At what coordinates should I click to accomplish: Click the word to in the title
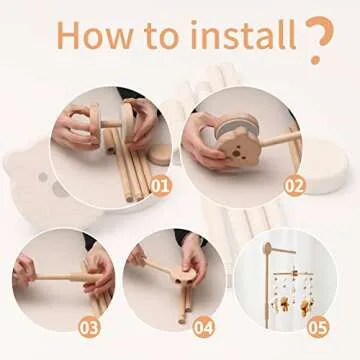pyautogui.click(x=160, y=35)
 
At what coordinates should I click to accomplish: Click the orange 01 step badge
pyautogui.click(x=162, y=184)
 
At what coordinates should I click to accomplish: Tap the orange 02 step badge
pyautogui.click(x=293, y=184)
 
